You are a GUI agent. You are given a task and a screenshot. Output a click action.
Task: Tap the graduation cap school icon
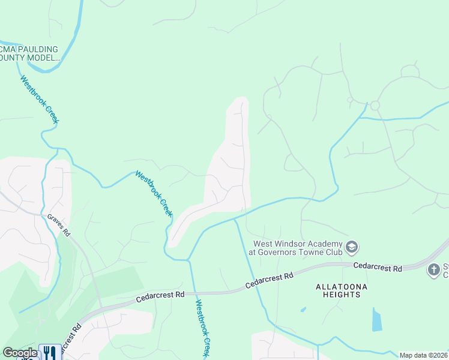[x=352, y=247]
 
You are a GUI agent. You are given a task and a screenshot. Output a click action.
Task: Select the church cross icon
[x=434, y=270]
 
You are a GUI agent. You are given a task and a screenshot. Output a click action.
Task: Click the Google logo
[x=20, y=353]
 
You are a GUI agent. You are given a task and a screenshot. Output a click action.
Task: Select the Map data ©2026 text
[x=424, y=355]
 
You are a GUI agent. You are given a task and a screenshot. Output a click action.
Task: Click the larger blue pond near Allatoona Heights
[x=376, y=320]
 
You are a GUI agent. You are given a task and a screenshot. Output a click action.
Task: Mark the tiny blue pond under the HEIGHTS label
[x=304, y=310]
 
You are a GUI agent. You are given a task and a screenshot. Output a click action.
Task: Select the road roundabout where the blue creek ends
[x=375, y=106]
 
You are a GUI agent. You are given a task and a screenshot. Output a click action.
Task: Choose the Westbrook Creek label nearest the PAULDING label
[x=40, y=100]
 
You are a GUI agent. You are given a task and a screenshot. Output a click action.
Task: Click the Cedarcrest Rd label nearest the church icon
[x=378, y=266]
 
